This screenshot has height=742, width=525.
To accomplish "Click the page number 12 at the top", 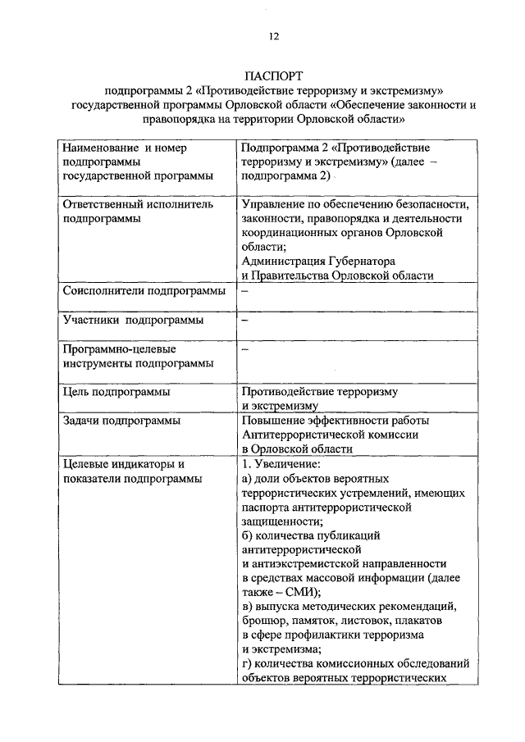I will coord(274,35).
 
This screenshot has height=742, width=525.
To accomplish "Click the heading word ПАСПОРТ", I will coord(274,75).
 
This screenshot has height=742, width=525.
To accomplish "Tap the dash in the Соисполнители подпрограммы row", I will coord(244,291).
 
